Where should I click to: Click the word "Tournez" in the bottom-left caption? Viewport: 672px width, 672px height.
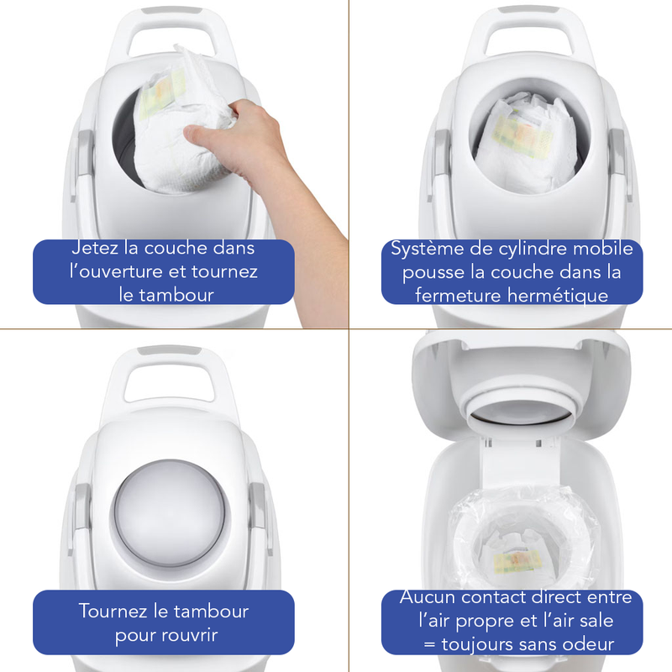coord(113,612)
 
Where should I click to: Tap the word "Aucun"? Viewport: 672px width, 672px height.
coord(426,597)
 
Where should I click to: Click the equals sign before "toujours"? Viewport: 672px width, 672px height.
coord(429,645)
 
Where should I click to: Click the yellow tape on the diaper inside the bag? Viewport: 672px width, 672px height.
coord(514,562)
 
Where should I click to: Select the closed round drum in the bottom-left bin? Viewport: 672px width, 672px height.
coord(171,512)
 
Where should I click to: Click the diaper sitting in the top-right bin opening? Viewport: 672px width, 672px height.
coord(525,142)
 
